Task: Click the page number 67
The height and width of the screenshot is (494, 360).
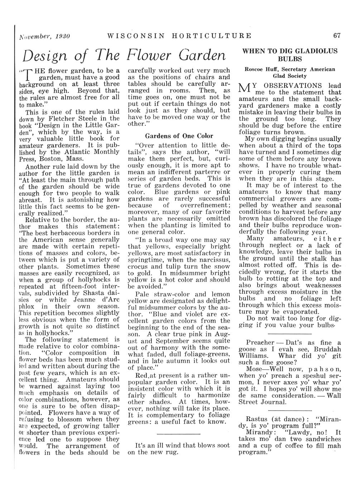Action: [x=336, y=35]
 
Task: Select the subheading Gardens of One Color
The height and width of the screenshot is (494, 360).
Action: [x=179, y=136]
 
